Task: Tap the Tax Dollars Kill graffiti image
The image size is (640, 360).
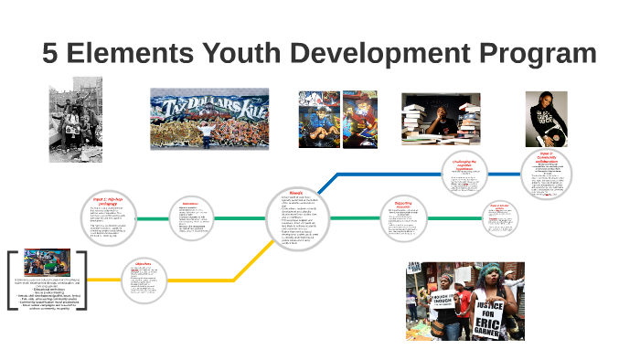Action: (209, 118)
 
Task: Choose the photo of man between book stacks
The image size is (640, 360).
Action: (441, 119)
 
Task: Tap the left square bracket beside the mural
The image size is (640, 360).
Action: (11, 281)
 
